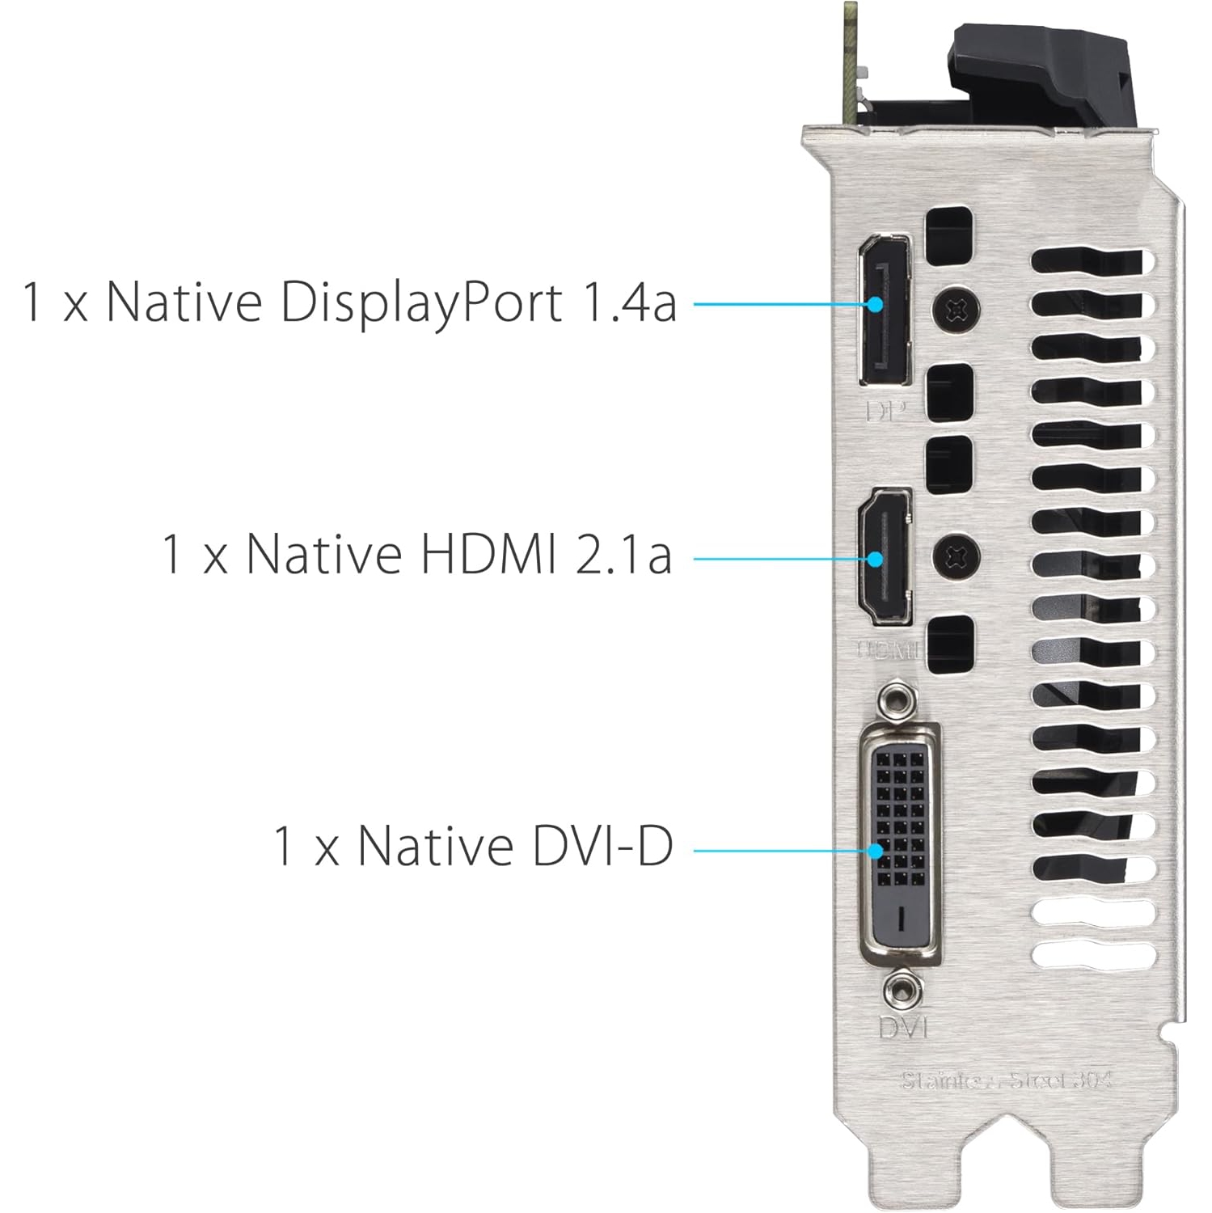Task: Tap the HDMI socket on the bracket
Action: click(885, 556)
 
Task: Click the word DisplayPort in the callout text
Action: click(420, 302)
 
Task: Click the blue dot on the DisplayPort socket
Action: click(876, 304)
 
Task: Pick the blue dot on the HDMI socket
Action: click(876, 559)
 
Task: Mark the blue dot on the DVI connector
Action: click(876, 851)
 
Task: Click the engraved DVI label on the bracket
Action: click(903, 1028)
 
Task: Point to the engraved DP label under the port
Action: click(885, 412)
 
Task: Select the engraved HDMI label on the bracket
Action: click(888, 649)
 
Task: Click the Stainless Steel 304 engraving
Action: click(1006, 1080)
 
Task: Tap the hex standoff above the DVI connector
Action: click(900, 699)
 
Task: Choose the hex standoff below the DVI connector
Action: click(902, 990)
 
